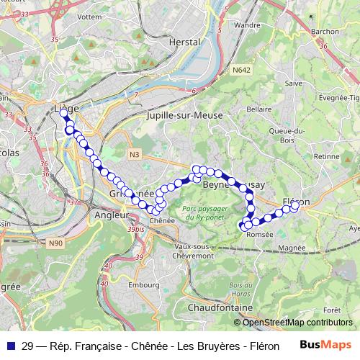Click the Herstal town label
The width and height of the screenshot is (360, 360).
pos(183,42)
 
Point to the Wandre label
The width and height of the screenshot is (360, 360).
pos(248,24)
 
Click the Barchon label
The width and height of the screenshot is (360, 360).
pos(325,32)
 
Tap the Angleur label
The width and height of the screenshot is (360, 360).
pos(111,215)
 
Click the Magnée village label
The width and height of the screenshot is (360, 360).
pos(291,247)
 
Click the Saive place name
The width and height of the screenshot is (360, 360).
pos(293,84)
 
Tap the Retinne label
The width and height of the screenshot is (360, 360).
pos(326,156)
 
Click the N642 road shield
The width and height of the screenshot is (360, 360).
pos(240,71)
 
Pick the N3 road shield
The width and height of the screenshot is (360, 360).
pos(135,154)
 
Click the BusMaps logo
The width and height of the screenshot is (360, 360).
pos(325,345)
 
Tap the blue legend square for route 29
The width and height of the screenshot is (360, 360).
pos(10,345)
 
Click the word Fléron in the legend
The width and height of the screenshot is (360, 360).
pos(263,345)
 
